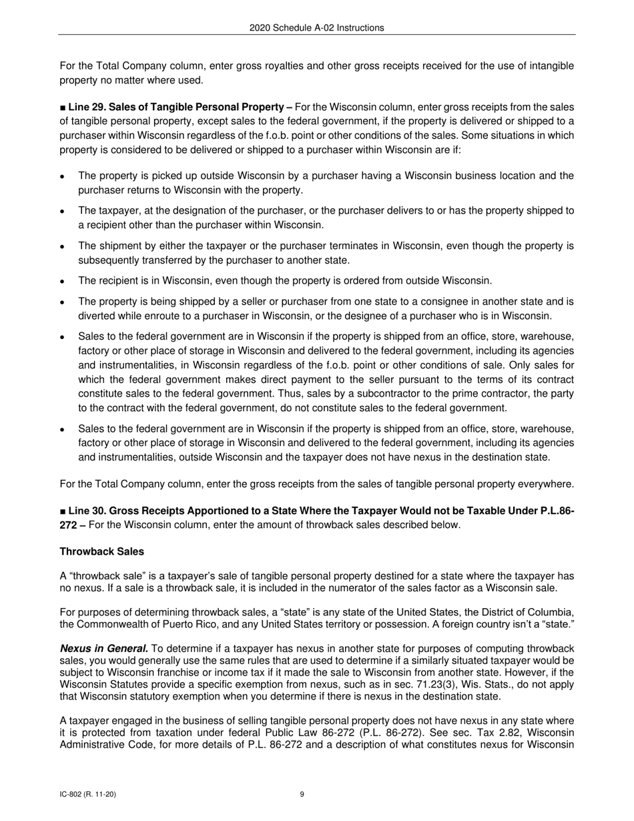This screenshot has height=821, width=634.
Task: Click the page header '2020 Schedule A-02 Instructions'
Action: tap(316, 27)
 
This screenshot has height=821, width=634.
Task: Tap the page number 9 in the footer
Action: tap(302, 794)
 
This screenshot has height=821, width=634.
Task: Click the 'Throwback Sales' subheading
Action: tap(101, 551)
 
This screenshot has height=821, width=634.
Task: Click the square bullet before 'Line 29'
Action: tap(63, 107)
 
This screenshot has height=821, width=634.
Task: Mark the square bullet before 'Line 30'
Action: tap(63, 511)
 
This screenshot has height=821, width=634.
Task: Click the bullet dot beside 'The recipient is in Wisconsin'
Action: tap(62, 281)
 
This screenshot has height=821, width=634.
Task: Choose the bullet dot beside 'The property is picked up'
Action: tap(62, 177)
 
